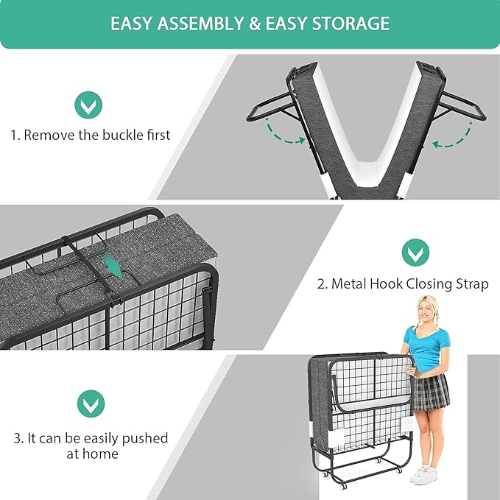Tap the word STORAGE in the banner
click(351, 24)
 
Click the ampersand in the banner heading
click(255, 24)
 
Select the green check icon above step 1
click(88, 105)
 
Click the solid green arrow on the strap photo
click(114, 265)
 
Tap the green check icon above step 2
click(415, 253)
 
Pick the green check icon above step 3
click(91, 404)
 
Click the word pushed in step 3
click(145, 438)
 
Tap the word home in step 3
click(102, 454)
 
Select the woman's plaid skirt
click(430, 392)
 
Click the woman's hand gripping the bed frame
click(411, 371)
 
